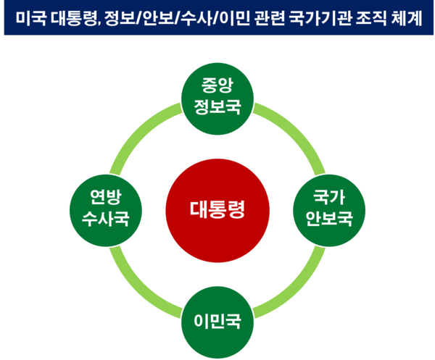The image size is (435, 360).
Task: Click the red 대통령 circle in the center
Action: tap(217, 210)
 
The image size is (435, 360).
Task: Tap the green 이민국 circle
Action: tap(217, 320)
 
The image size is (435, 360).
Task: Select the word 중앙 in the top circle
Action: tap(217, 85)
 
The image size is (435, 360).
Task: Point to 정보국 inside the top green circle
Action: tap(217, 107)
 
